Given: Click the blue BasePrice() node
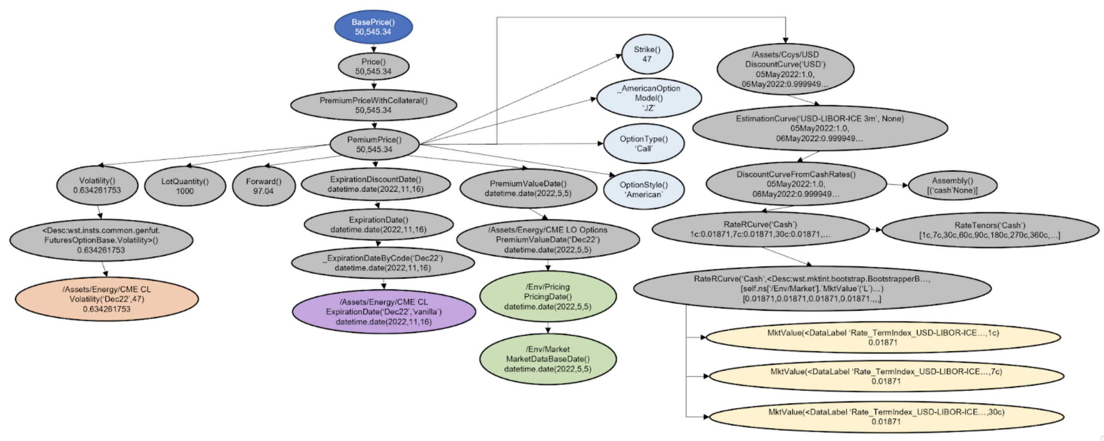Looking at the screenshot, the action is (x=373, y=27).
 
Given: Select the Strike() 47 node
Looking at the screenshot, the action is (x=647, y=54).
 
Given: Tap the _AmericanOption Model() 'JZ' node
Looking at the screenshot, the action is (x=649, y=98).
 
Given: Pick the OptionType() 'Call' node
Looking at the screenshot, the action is (x=644, y=144).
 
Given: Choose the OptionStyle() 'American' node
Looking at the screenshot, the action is (x=644, y=190).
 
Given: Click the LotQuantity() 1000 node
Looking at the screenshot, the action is (x=185, y=186).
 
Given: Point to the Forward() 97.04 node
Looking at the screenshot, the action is (x=263, y=186).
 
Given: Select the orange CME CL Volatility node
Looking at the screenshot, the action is (x=107, y=299).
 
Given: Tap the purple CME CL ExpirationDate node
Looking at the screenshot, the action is (x=384, y=312).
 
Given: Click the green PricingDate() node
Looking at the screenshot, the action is (x=548, y=297).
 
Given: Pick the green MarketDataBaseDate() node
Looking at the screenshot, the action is (x=548, y=359).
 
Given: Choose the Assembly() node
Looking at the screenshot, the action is (x=953, y=186).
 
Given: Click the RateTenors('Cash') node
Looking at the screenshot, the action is (x=990, y=230).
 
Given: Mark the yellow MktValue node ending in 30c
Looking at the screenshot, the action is (x=887, y=416).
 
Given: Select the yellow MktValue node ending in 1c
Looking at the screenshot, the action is (x=883, y=337).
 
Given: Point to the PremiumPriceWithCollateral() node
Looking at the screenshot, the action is (x=373, y=105).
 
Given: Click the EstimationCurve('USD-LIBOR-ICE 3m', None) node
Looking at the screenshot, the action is (x=820, y=129).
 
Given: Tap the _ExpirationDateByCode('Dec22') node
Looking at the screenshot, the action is (x=383, y=263).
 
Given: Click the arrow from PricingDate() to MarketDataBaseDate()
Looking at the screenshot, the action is (x=548, y=328).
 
